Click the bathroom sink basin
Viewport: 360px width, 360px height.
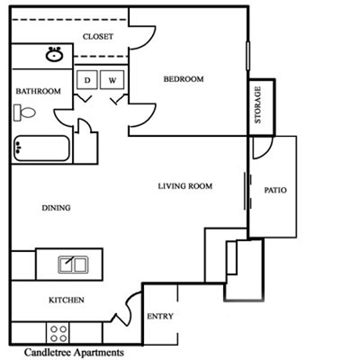pos(54,55)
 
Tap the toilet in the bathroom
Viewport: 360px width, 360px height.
pos(24,112)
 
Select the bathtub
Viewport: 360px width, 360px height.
pos(41,148)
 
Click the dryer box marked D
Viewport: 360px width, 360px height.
pos(87,79)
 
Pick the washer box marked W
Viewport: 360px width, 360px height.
pos(112,79)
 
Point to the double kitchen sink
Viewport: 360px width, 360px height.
pos(73,265)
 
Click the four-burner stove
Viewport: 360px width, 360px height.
pos(58,333)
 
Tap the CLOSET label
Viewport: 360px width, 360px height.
pos(98,37)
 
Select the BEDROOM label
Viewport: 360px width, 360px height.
pos(184,79)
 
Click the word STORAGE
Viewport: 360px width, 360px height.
pos(257,104)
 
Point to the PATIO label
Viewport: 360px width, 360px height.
pos(275,190)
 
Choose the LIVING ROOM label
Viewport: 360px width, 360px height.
pos(185,186)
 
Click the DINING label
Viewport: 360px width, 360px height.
pos(56,208)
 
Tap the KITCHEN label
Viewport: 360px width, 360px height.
pos(67,300)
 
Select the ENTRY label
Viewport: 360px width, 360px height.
pos(160,316)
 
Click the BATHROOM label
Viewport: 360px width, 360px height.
pos(38,91)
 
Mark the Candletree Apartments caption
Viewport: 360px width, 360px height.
pos(74,352)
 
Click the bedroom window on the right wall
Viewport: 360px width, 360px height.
pos(248,56)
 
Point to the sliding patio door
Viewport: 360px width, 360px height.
pos(247,191)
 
